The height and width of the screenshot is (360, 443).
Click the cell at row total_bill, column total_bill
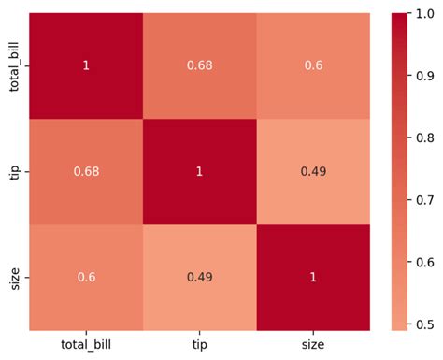point(86,66)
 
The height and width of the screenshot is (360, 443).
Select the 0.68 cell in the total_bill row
point(199,66)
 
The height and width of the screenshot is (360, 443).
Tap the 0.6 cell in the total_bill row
point(312,66)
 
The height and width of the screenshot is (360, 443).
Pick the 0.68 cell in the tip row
point(86,172)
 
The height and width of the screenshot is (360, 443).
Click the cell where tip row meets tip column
point(199,172)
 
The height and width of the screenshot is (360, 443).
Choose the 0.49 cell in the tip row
point(312,172)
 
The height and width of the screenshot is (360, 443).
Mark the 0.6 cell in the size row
point(86,278)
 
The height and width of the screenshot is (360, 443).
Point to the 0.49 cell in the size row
point(199,278)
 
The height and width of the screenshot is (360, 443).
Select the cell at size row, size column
point(312,278)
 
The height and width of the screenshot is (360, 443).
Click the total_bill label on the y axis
point(13,66)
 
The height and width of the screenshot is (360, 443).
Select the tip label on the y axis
point(13,172)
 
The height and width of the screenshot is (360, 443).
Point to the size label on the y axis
point(13,278)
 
